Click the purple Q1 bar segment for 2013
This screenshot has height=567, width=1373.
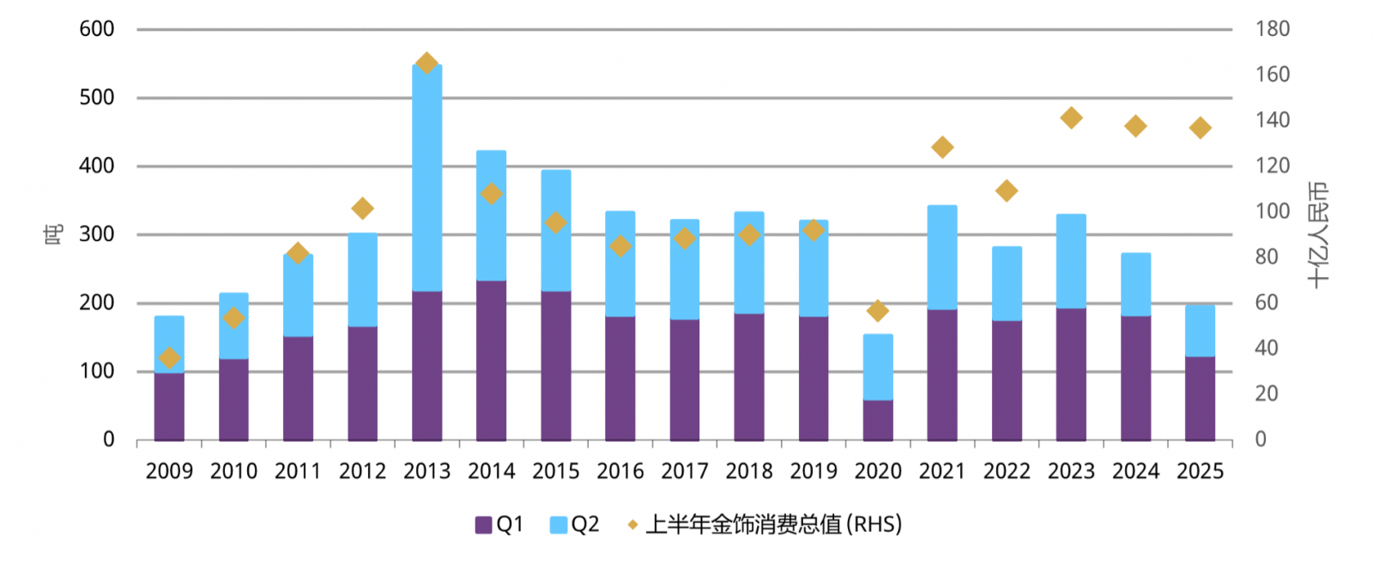426,366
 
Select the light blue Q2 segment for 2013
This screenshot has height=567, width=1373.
426,178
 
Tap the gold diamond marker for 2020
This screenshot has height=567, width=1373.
877,311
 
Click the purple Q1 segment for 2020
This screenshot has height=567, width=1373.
877,420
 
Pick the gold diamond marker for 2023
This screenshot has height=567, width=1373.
1071,118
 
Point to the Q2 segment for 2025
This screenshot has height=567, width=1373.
1200,331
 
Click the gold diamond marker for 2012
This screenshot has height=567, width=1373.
362,208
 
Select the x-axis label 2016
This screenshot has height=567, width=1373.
620,471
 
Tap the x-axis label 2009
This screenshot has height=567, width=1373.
169,471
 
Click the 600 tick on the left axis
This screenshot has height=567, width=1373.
97,29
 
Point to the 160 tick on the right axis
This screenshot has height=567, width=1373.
1272,75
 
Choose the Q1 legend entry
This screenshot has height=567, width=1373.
499,524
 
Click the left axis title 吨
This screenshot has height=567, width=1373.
53,233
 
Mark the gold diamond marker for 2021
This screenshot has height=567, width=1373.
942,148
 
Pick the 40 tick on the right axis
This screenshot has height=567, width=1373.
1266,348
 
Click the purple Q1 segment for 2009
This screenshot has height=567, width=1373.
169,407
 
